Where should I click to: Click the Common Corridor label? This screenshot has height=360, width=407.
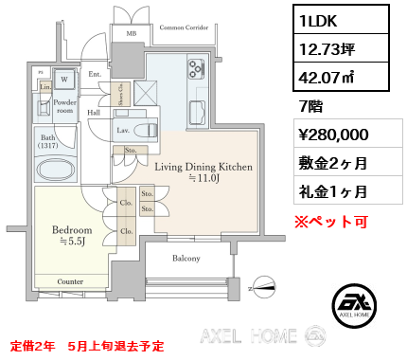183,28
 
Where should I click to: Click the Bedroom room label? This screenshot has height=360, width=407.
72,230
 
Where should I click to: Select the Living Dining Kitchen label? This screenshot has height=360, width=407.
203,167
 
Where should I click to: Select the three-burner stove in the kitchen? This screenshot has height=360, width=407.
195,68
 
